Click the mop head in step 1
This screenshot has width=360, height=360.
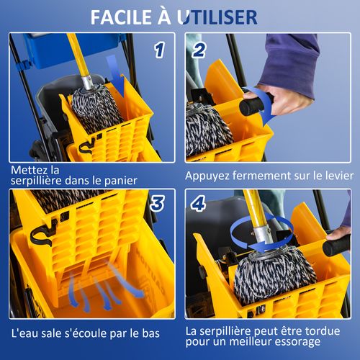pyautogui.click(x=96, y=109)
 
